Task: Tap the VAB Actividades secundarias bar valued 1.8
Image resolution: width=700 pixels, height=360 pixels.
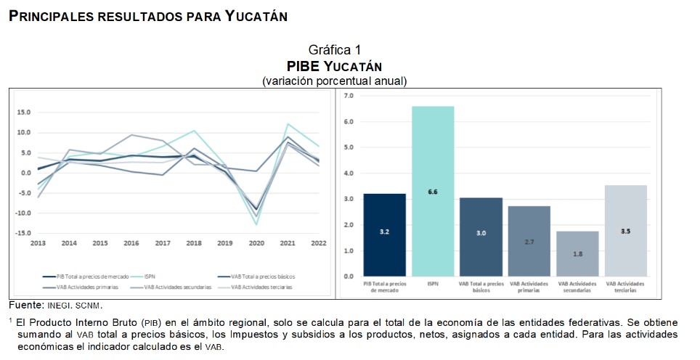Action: (x=577, y=253)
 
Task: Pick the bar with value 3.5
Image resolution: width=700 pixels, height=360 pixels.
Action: (x=625, y=230)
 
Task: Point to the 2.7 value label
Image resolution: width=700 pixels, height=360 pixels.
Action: (x=529, y=242)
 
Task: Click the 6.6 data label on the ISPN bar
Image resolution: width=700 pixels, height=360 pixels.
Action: (x=433, y=192)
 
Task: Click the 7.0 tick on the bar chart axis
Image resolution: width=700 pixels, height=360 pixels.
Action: (x=348, y=96)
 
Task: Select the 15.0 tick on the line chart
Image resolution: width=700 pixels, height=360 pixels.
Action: (x=24, y=112)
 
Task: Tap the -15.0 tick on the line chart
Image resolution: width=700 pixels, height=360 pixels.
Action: (x=23, y=233)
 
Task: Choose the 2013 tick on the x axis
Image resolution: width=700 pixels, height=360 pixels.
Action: (x=38, y=243)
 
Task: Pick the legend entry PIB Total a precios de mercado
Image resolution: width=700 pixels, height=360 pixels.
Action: (x=83, y=277)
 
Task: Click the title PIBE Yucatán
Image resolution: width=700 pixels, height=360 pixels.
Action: (x=334, y=66)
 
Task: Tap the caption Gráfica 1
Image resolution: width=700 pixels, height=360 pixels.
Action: (x=334, y=50)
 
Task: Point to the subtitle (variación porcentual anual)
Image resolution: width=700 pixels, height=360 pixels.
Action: (x=334, y=81)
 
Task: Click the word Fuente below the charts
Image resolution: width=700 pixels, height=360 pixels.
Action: (x=26, y=304)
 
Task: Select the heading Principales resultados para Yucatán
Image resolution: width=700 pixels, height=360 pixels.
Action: (x=148, y=16)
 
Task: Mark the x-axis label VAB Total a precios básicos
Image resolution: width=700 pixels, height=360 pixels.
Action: (x=481, y=287)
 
